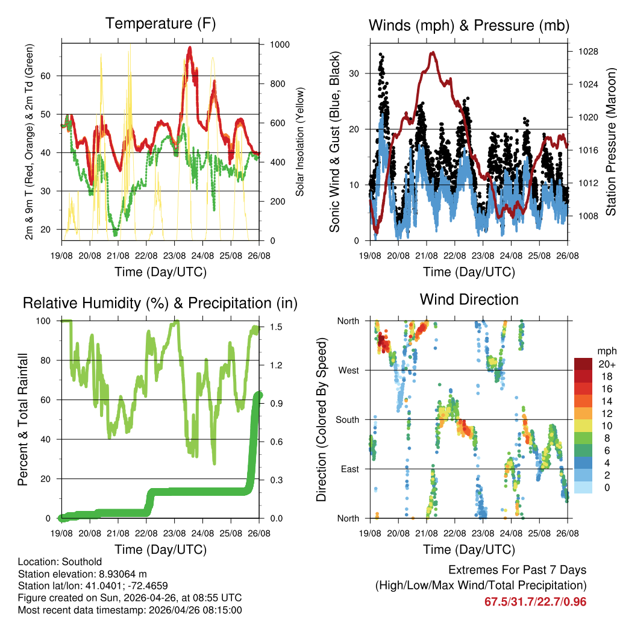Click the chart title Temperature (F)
(160, 23)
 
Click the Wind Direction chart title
(469, 299)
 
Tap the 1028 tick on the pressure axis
(587, 52)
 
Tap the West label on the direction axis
(348, 371)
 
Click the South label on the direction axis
(347, 420)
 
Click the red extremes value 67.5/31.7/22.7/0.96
(535, 601)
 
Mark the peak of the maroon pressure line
(432, 52)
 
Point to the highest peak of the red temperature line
(190, 47)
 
